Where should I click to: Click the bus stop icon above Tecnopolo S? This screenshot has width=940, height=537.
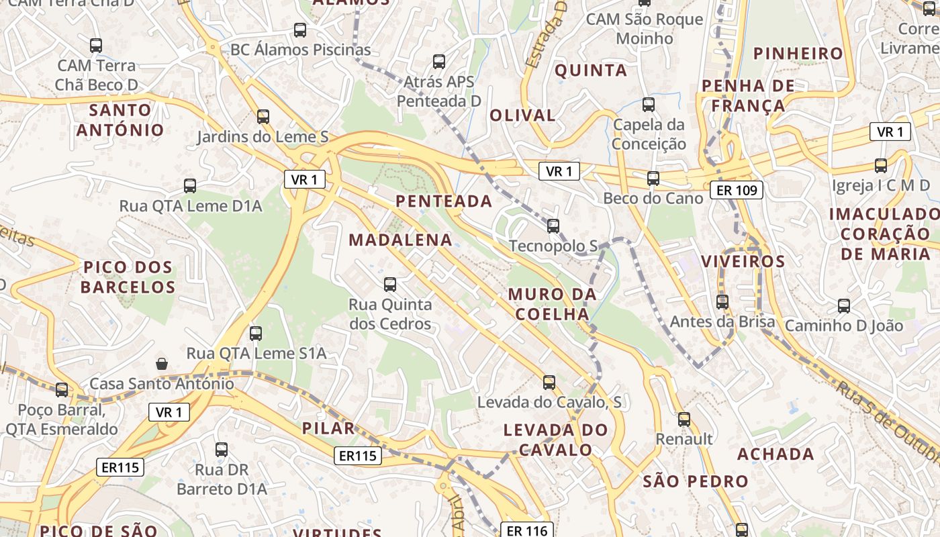click(553, 226)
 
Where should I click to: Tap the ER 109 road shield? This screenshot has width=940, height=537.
click(737, 191)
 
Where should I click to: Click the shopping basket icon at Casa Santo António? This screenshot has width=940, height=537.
click(162, 364)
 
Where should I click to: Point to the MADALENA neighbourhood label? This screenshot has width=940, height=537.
click(400, 240)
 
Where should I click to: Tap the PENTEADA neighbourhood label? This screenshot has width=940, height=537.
click(444, 201)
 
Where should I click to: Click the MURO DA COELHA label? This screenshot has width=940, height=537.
click(552, 304)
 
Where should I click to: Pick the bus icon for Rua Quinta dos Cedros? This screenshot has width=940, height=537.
click(390, 285)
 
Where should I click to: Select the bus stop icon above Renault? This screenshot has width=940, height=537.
click(684, 420)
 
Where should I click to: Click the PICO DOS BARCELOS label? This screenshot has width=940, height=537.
click(128, 277)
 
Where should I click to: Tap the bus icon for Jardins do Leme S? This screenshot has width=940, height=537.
click(263, 117)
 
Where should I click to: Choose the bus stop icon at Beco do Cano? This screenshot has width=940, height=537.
click(653, 179)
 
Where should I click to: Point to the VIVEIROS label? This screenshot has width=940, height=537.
click(743, 261)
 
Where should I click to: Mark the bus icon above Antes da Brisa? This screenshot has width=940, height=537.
click(722, 302)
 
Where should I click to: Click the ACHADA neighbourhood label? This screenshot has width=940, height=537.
click(775, 454)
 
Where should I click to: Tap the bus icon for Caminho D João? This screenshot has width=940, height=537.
click(844, 306)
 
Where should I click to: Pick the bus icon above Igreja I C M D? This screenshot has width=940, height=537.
click(881, 165)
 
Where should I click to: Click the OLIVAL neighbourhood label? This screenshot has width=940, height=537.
click(522, 115)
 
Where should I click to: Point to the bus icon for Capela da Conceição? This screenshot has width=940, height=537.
click(649, 105)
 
